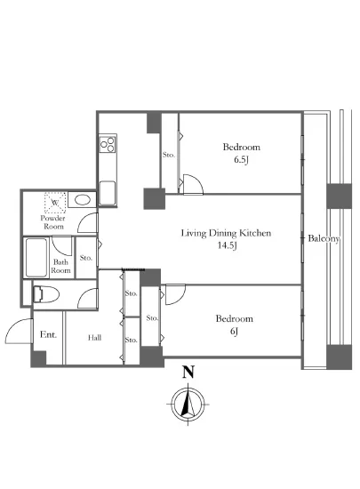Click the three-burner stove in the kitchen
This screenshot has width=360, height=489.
[108, 144]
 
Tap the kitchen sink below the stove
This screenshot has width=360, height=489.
[108, 192]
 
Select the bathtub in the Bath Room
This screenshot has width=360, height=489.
[36, 258]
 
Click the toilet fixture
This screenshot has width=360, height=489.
[46, 294]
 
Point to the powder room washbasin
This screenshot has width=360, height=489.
[82, 199]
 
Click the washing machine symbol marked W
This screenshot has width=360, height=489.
[55, 203]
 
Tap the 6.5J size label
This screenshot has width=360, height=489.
[241, 160]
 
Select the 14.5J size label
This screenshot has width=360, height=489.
[228, 245]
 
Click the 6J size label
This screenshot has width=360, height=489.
[234, 332]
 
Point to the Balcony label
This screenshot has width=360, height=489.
[324, 238]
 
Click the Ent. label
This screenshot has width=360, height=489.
[48, 334]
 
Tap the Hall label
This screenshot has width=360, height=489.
[94, 338]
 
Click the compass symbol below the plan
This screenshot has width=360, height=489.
[188, 405]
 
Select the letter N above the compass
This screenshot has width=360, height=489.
[188, 372]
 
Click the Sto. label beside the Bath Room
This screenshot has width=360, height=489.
[85, 258]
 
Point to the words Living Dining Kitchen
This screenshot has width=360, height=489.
[226, 233]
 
